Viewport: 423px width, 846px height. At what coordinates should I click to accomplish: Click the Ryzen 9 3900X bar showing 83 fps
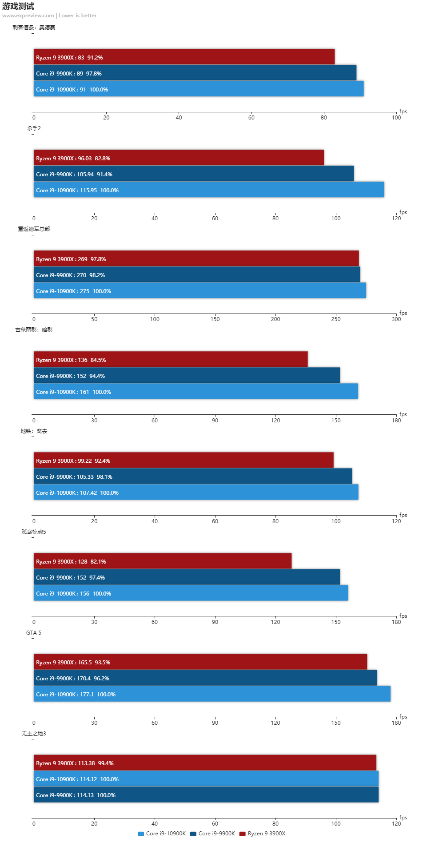pyautogui.click(x=184, y=57)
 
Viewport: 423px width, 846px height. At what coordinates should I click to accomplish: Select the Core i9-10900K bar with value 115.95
pyautogui.click(x=209, y=190)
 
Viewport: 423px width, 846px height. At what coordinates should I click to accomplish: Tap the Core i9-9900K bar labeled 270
pyautogui.click(x=197, y=274)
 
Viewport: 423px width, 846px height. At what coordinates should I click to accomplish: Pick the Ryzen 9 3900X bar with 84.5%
pyautogui.click(x=171, y=359)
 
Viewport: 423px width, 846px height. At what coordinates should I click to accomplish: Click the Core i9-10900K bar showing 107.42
pyautogui.click(x=196, y=492)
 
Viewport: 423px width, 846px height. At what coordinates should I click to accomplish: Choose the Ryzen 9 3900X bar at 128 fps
pyautogui.click(x=163, y=561)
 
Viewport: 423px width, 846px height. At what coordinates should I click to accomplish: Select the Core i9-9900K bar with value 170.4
pyautogui.click(x=205, y=678)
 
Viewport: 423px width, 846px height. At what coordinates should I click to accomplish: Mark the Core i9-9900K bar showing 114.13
pyautogui.click(x=206, y=794)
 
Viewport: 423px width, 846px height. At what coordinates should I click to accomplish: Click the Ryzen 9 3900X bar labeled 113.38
pyautogui.click(x=205, y=763)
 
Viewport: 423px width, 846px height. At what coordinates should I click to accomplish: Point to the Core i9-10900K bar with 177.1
pyautogui.click(x=212, y=694)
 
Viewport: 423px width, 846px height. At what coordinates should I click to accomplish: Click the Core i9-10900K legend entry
pyautogui.click(x=162, y=834)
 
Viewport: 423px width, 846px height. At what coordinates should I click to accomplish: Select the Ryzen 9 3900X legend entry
pyautogui.click(x=262, y=834)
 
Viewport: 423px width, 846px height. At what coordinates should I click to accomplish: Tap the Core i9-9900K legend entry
pyautogui.click(x=212, y=834)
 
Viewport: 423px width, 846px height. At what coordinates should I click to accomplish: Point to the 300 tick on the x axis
pyautogui.click(x=396, y=319)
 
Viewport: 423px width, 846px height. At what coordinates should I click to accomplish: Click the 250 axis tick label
pyautogui.click(x=336, y=319)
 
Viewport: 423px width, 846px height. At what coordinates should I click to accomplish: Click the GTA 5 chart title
pyautogui.click(x=34, y=632)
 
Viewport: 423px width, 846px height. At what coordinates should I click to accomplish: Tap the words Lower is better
pyautogui.click(x=78, y=16)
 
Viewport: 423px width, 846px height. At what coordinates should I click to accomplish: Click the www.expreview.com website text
pyautogui.click(x=28, y=16)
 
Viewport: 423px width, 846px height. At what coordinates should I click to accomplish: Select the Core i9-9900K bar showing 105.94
pyautogui.click(x=194, y=174)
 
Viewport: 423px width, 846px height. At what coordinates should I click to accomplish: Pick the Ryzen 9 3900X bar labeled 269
pyautogui.click(x=196, y=258)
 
